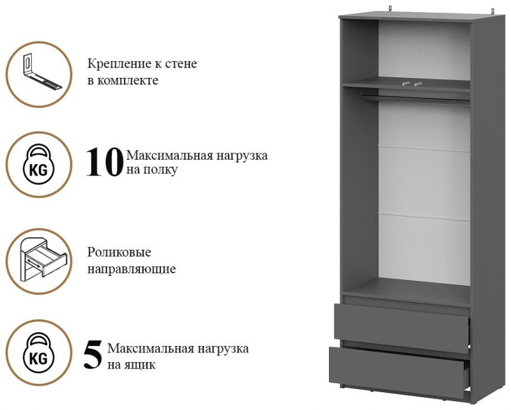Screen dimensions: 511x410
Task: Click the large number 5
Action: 93,355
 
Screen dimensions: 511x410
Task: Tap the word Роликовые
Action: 119,253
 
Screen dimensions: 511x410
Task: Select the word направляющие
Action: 132,270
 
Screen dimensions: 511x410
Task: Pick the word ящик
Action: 140,365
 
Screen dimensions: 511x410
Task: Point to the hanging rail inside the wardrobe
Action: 415,98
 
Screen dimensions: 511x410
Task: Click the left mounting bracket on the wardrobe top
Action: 392,10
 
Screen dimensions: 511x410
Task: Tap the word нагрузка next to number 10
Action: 240,155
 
